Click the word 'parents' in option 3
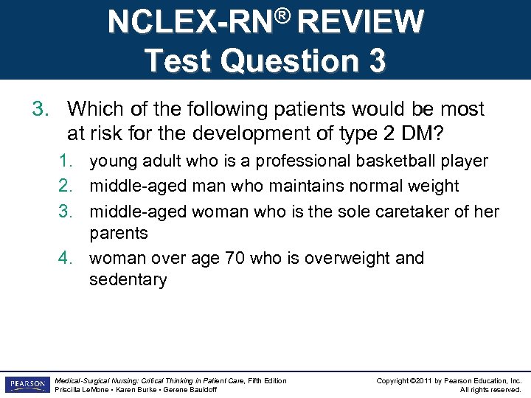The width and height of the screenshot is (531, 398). tap(119, 233)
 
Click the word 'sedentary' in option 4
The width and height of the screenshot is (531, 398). tap(128, 279)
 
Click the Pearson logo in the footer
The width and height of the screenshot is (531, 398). tap(25, 385)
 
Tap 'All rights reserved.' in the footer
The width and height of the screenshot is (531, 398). tap(490, 390)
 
